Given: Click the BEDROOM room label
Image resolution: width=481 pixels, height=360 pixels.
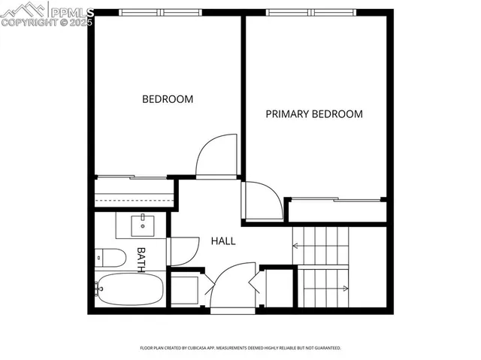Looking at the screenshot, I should click(168, 99).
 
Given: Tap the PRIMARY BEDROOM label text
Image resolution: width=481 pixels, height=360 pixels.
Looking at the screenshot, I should click(314, 114).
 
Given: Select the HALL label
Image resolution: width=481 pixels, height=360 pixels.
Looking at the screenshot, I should click(222, 241).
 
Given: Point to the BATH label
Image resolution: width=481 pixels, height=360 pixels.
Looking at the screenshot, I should click(141, 259).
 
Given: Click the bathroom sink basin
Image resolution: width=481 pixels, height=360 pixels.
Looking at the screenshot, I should click(141, 225).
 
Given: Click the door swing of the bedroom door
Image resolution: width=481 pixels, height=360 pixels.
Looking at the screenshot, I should click(213, 156).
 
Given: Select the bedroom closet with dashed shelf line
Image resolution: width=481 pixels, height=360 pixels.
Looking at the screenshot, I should click(134, 194).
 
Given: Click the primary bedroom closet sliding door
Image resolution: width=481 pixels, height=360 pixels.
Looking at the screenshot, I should click(335, 200).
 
